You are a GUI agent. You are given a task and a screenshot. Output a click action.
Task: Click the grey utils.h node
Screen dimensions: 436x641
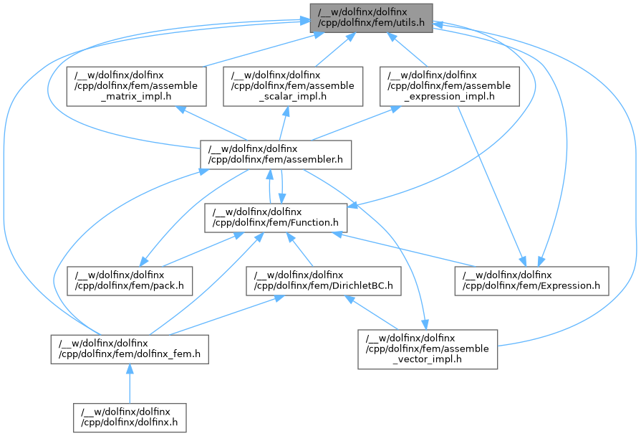click(x=371, y=18)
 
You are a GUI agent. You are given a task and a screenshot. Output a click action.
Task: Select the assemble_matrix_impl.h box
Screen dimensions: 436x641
click(x=132, y=86)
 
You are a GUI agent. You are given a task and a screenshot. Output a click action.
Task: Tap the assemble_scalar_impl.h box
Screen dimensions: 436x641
click(x=292, y=86)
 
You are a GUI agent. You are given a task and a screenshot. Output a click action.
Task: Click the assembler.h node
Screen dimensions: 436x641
click(x=276, y=154)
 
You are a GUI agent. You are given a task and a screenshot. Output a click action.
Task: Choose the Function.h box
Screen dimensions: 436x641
click(x=276, y=217)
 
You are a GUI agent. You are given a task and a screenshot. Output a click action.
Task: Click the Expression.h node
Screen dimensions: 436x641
click(x=532, y=280)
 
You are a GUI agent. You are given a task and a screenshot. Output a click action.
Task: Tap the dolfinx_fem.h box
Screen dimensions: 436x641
click(x=129, y=349)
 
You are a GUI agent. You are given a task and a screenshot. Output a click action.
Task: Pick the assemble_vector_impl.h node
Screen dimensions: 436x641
click(x=428, y=349)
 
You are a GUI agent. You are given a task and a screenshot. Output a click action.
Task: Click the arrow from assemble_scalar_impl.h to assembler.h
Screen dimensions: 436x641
click(x=283, y=123)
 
